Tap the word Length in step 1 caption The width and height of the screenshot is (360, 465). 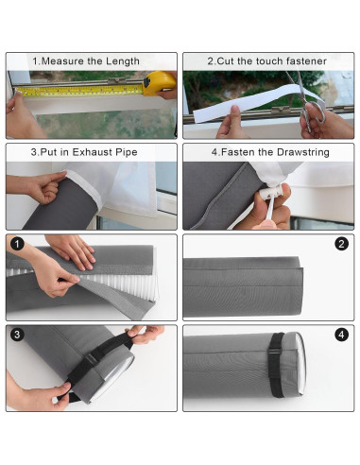[x=122, y=61]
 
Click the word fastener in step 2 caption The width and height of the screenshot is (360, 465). [x=304, y=61]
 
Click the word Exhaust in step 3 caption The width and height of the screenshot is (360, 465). [x=90, y=151]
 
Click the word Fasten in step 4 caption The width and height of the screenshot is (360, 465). [x=241, y=151]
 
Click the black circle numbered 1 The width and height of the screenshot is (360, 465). [x=16, y=244]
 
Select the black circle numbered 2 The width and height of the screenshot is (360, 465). [x=341, y=244]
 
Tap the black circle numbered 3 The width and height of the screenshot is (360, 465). [x=16, y=335]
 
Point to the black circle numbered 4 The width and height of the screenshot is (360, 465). [x=341, y=335]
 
